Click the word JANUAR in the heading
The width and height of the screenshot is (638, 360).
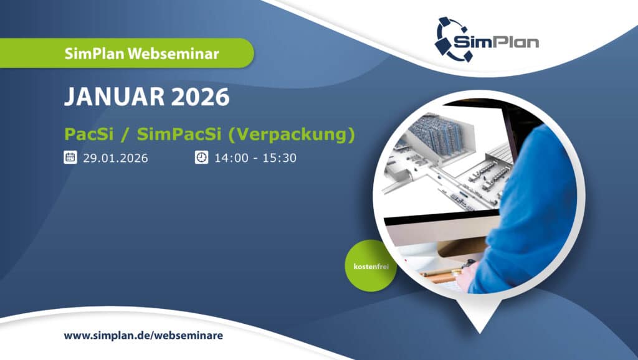coord(115,97)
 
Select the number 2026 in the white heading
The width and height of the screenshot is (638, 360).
coord(200,97)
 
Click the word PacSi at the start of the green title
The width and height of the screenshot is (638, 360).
coord(88,135)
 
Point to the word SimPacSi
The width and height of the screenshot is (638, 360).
coord(179,135)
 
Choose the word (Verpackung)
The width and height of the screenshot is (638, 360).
coord(292,135)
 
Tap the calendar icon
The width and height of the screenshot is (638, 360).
coord(70,157)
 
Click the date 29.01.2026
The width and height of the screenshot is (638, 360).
coord(115,158)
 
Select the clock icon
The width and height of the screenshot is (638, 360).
coord(201,157)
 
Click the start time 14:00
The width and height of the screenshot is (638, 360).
coord(232,158)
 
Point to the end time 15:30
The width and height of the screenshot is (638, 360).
coord(279,158)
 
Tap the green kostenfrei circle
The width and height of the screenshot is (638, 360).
coord(371,266)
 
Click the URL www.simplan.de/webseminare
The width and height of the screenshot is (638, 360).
coord(143,336)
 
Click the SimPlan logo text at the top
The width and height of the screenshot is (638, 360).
coord(496,42)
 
